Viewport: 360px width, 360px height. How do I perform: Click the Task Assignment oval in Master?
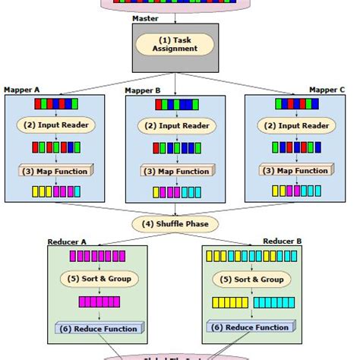(x=176, y=43)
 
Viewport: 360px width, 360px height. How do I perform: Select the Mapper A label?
(x=21, y=90)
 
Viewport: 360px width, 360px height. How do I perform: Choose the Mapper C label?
(x=328, y=90)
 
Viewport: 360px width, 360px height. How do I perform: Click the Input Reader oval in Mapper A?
(x=56, y=125)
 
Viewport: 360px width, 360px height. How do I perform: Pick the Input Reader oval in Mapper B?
(x=178, y=126)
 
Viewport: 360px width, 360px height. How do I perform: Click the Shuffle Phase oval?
(x=176, y=223)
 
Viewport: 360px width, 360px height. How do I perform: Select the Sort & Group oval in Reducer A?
(x=99, y=279)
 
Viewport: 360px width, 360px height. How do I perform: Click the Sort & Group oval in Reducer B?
(x=248, y=279)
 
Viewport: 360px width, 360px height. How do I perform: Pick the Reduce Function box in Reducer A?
(x=99, y=328)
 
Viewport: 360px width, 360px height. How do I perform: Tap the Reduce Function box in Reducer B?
(x=248, y=327)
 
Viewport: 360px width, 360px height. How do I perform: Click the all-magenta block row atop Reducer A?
(x=99, y=257)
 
